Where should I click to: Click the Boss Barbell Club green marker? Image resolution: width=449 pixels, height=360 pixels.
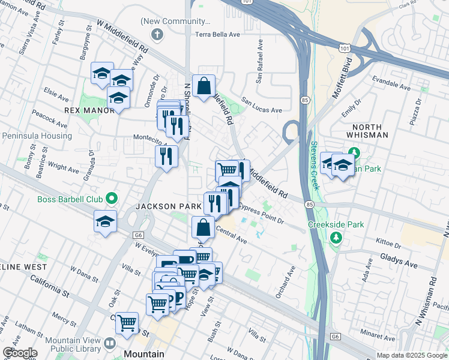(x=111, y=197)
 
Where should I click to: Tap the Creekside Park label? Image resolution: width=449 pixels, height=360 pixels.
(x=336, y=224)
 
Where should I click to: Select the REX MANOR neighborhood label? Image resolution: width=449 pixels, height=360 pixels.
(x=89, y=110)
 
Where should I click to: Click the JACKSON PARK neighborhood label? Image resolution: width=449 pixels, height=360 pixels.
(x=169, y=206)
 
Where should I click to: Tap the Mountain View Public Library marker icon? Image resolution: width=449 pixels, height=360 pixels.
(x=109, y=344)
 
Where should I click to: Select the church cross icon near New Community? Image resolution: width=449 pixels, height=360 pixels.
(x=157, y=34)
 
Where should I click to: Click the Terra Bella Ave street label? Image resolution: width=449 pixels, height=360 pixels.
(x=217, y=34)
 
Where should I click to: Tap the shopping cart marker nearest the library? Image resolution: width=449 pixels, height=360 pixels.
(x=127, y=323)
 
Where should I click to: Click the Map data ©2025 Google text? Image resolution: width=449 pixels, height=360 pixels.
(x=412, y=355)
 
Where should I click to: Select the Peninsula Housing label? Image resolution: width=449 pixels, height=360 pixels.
(x=37, y=136)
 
